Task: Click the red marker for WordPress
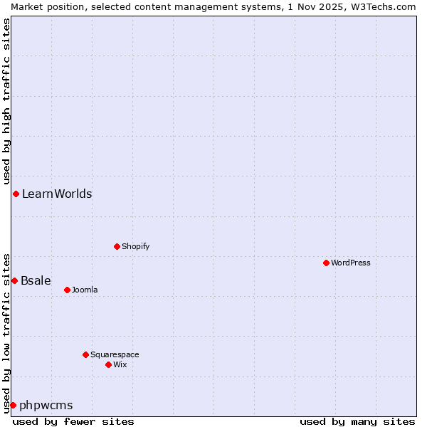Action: (x=326, y=263)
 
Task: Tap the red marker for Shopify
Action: (x=117, y=246)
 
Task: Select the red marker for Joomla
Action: (x=67, y=290)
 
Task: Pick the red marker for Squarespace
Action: (x=85, y=354)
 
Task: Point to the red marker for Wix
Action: (x=108, y=364)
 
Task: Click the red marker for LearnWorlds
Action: (x=16, y=194)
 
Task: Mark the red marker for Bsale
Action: (x=14, y=280)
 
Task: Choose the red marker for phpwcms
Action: (x=13, y=405)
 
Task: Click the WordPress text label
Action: (x=351, y=263)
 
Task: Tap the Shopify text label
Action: (x=135, y=246)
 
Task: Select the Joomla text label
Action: (x=85, y=290)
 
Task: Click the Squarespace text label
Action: (x=115, y=354)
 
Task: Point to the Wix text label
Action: (x=120, y=364)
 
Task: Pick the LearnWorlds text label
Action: (x=57, y=194)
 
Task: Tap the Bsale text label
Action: (x=36, y=280)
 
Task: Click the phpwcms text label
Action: (x=46, y=405)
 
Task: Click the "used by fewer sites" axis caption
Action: (x=73, y=421)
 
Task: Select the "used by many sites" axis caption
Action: (x=357, y=421)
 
